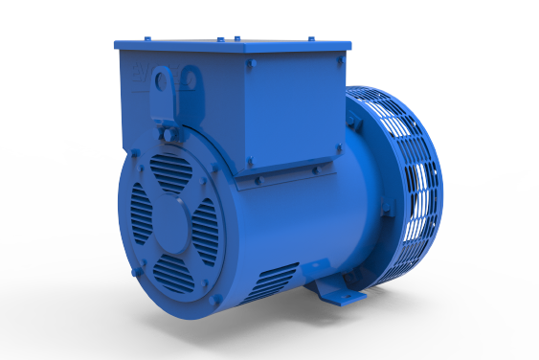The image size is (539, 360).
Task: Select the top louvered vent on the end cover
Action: point(171,172)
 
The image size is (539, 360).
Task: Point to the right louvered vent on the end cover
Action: point(206,230)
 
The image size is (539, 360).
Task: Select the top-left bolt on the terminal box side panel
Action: point(250,65)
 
